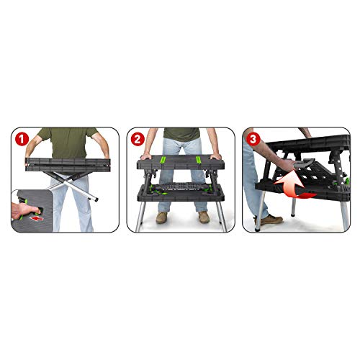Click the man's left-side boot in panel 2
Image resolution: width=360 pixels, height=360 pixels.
[162, 217]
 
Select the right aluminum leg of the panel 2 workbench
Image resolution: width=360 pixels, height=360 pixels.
[221, 216]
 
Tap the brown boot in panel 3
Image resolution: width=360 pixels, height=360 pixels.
[272, 220]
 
